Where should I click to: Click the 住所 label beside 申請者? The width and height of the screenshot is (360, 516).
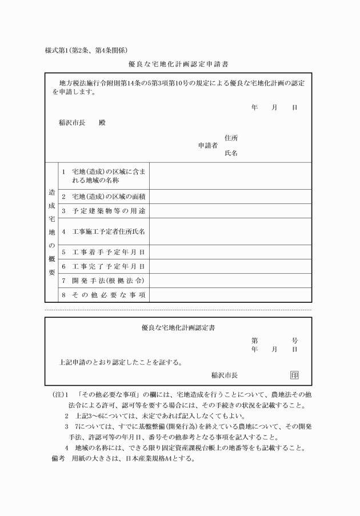pos(231,138)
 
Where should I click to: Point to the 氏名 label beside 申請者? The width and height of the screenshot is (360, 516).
pos(231,153)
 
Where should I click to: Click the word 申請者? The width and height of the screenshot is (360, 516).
pos(207,145)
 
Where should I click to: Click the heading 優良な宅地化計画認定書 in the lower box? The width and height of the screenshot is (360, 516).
pos(178,327)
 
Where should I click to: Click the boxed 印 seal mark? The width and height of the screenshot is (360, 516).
pos(294,375)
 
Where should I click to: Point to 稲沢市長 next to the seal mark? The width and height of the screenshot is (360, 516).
pos(225,375)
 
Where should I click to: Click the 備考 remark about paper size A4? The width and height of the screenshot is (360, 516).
pos(123,458)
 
